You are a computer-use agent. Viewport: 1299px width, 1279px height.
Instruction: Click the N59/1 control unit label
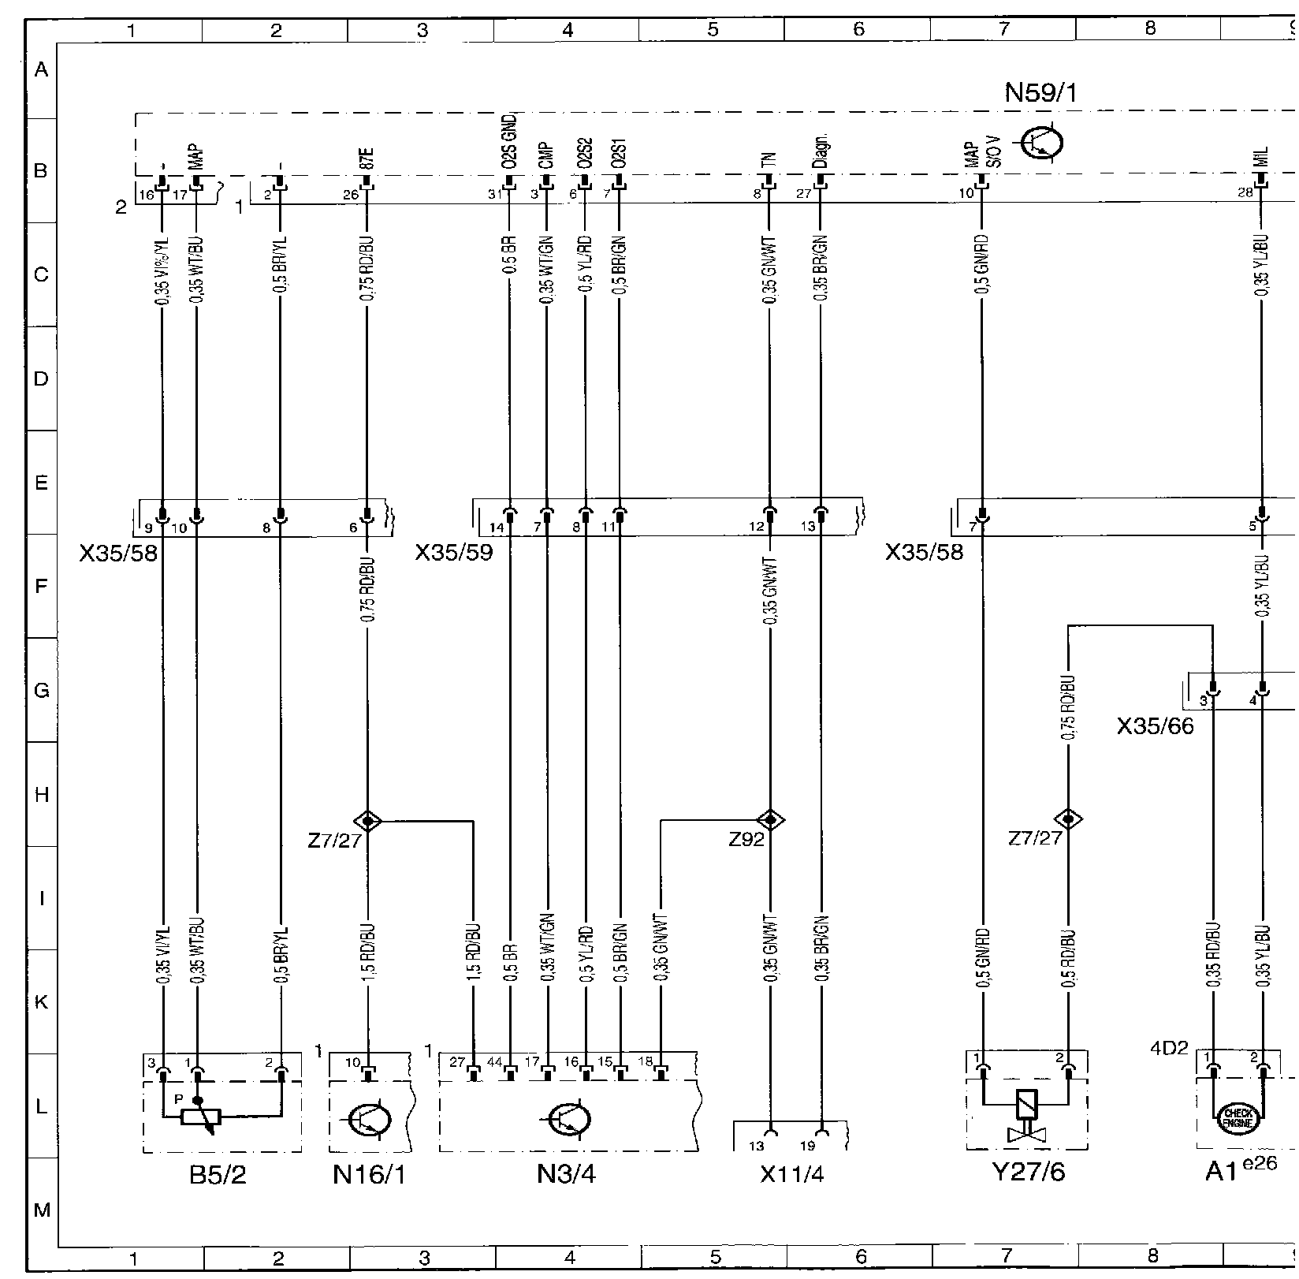[x=1040, y=93]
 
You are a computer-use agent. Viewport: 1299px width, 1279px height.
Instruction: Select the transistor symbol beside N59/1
[x=1041, y=144]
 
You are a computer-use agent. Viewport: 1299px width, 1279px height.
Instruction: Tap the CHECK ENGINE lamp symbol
[x=1236, y=1117]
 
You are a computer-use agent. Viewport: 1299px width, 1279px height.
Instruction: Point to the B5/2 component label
[x=218, y=1175]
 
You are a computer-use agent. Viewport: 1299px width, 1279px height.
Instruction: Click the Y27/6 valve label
[x=1029, y=1173]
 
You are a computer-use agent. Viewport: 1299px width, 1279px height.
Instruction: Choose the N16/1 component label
[x=368, y=1175]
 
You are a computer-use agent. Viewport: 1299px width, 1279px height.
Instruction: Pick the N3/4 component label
[x=566, y=1175]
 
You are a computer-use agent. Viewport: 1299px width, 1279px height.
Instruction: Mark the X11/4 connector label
[x=791, y=1175]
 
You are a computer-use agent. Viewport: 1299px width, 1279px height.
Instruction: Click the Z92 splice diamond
[x=770, y=821]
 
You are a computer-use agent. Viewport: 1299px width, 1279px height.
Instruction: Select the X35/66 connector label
[x=1155, y=726]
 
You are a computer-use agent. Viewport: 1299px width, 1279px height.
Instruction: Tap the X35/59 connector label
[x=454, y=552]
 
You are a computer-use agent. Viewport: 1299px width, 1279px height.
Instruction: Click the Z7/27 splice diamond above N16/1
[x=367, y=821]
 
